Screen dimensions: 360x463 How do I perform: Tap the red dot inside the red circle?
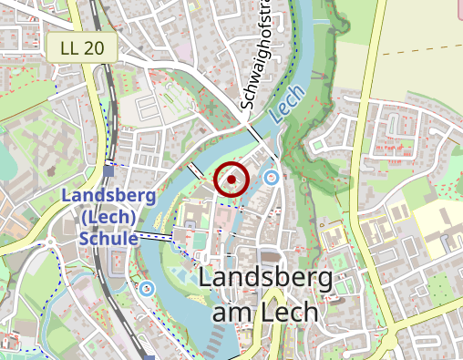point(231,180)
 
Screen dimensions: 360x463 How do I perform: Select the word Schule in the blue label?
point(108,238)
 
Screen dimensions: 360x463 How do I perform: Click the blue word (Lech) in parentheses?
point(108,217)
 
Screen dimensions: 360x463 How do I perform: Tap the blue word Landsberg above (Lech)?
point(108,197)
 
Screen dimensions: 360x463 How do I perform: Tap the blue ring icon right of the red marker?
point(271,177)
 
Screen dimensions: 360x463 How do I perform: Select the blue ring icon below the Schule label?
point(148,289)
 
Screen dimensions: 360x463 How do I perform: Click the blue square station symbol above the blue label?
point(108,170)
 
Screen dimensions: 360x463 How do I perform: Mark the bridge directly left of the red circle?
point(195,170)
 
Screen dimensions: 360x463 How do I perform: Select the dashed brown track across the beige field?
point(410,53)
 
